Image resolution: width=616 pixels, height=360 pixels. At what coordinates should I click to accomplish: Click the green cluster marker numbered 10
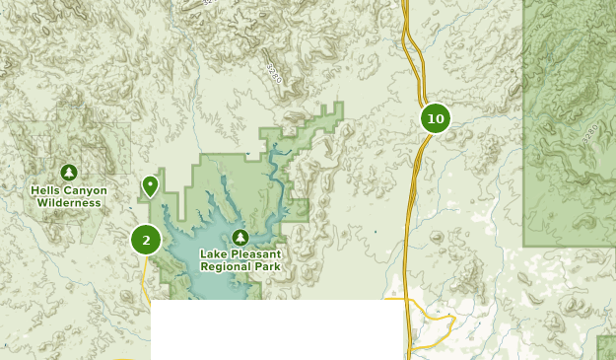pyautogui.click(x=435, y=119)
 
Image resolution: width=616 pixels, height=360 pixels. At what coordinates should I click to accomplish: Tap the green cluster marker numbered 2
pyautogui.click(x=146, y=239)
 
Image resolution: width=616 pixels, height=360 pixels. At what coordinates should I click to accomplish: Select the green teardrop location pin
pyautogui.click(x=150, y=184)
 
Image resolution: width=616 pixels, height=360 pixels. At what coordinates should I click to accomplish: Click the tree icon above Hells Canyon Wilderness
pyautogui.click(x=68, y=173)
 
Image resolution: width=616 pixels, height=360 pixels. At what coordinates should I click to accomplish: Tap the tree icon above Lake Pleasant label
pyautogui.click(x=240, y=237)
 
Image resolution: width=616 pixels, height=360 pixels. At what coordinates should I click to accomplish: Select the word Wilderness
pyautogui.click(x=69, y=203)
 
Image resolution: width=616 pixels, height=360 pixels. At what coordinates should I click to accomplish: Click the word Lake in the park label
pyautogui.click(x=215, y=254)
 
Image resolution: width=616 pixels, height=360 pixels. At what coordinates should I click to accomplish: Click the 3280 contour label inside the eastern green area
pyautogui.click(x=591, y=130)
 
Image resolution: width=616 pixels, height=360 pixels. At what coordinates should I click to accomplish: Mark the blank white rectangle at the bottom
pyautogui.click(x=277, y=329)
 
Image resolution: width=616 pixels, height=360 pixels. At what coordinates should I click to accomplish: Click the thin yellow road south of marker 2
pyautogui.click(x=145, y=281)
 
